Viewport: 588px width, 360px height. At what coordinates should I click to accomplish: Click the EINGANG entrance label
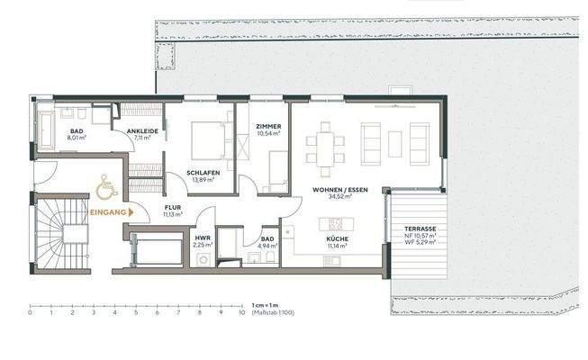coord(109,212)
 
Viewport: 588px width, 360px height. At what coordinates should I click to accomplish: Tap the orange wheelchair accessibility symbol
coord(104,189)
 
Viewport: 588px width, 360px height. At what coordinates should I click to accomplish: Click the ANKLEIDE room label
coord(142,131)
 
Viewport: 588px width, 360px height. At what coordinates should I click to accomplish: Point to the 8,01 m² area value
coord(77,138)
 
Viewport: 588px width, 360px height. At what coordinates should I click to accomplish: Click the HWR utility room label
coord(203,237)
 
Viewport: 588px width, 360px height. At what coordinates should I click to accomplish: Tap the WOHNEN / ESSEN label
coord(339,191)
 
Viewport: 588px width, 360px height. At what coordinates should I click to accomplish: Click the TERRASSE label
coord(420,229)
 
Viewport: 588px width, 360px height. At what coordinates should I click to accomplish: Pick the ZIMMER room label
coord(267,126)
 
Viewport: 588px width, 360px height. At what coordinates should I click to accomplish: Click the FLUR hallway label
coord(172,208)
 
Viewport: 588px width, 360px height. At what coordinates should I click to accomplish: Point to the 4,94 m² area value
coord(267,245)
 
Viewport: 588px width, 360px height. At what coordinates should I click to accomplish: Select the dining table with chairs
coord(324,145)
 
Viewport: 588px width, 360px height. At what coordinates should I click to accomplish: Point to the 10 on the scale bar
coord(241,313)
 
